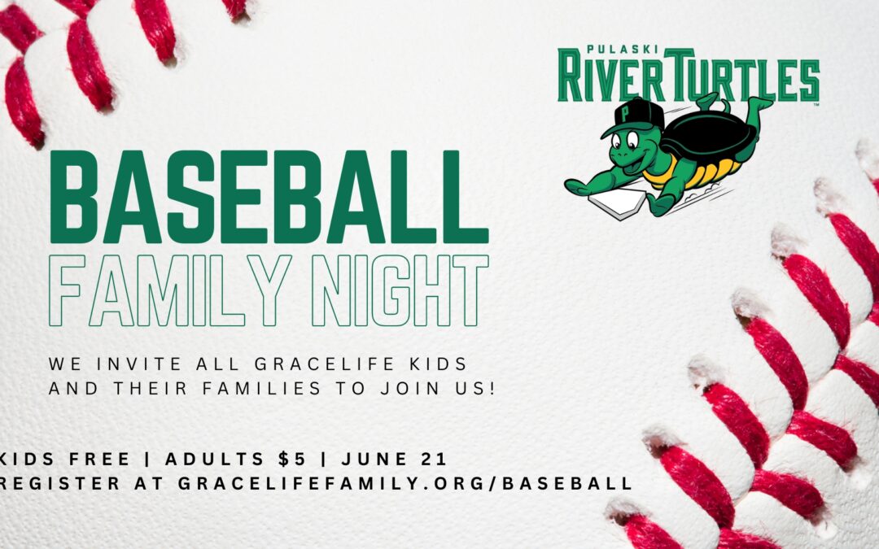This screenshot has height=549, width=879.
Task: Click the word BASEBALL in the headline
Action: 269,197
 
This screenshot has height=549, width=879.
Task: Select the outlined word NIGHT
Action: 400,290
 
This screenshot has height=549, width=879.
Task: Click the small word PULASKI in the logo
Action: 622,50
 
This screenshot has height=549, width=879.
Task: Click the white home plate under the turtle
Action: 617,203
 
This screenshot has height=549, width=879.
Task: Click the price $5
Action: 293,460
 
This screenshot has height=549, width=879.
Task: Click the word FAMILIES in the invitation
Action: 262,388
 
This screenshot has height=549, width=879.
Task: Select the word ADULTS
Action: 215,460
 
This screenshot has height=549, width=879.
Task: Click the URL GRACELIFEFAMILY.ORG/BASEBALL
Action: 405,483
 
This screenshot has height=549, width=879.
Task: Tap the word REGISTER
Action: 59,483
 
